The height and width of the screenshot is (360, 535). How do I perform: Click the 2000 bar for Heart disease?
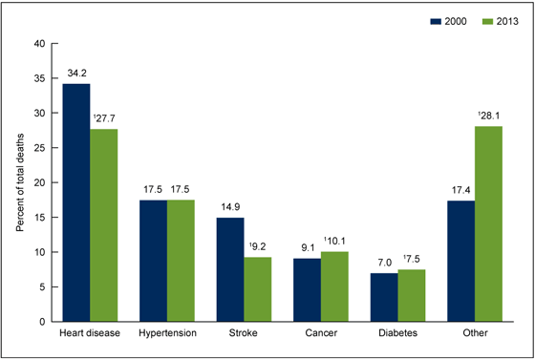tap(76, 202)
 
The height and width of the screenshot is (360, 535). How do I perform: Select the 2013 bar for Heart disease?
tap(103, 225)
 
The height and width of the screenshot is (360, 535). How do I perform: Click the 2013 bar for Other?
tap(488, 223)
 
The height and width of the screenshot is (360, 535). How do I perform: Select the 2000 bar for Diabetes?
tap(383, 297)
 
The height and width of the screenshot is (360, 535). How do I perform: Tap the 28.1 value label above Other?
tap(489, 116)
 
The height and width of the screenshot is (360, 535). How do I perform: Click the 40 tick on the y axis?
tap(39, 43)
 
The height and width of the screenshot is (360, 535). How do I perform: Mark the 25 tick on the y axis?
tap(39, 148)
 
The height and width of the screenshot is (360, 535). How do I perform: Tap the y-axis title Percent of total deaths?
tap(20, 181)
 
